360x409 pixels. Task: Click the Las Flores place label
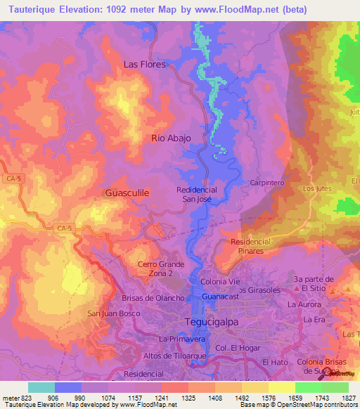pos(144,64)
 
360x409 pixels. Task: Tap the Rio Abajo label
pos(171,138)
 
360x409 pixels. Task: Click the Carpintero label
pos(266,182)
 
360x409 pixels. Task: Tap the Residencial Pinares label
pos(251,246)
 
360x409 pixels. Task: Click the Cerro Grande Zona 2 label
pos(160,268)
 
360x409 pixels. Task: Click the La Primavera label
pos(181,339)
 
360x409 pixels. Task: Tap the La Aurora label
pos(304,305)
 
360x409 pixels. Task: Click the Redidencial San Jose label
pos(200,194)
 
